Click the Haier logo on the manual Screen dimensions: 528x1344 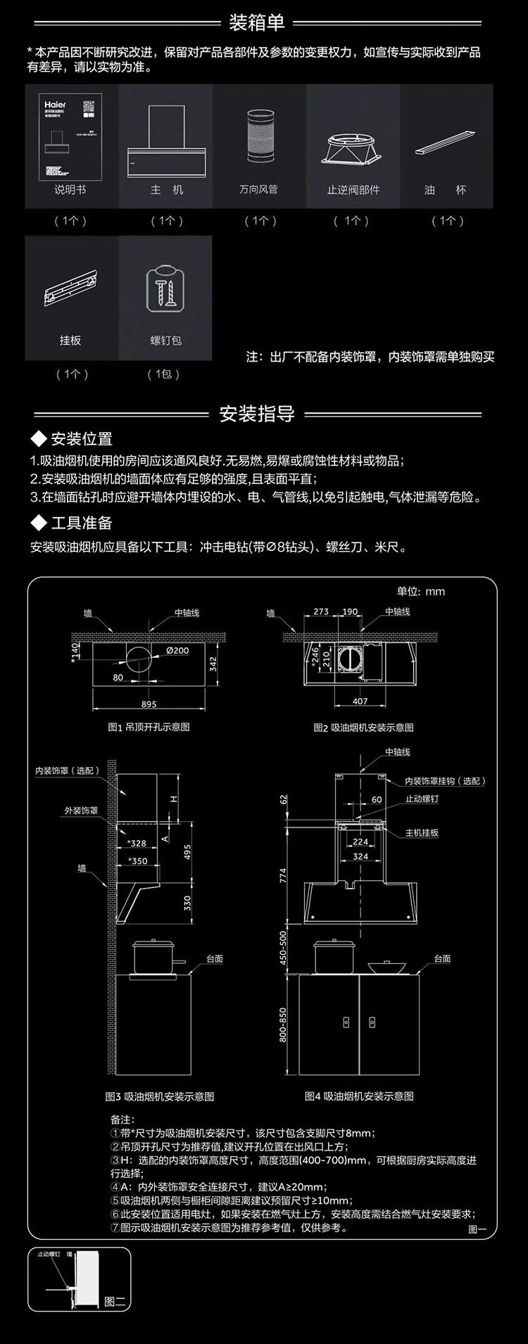[54, 104]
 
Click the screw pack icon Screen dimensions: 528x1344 [165, 289]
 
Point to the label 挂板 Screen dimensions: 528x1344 [70, 341]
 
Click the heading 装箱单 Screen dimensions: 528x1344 [257, 23]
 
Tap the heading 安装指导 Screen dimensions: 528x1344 [257, 414]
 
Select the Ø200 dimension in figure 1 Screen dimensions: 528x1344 [177, 651]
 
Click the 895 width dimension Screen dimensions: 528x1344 [149, 704]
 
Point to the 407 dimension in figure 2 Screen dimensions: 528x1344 [360, 701]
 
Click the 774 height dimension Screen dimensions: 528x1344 [283, 875]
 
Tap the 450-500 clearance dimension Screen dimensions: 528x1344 [283, 948]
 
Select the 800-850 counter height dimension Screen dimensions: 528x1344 [283, 1025]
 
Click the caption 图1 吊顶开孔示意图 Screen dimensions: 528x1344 [149, 727]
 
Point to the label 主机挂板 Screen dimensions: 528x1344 [422, 832]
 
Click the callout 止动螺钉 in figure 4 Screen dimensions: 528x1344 [422, 799]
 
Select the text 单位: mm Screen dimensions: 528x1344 [421, 591]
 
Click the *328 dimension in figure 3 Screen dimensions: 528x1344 [137, 843]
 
